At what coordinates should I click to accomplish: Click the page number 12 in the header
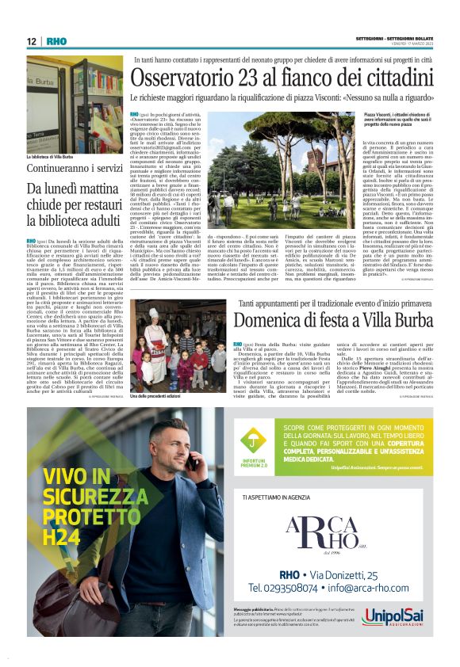(31, 40)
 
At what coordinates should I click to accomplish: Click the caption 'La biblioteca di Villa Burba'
(50, 157)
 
